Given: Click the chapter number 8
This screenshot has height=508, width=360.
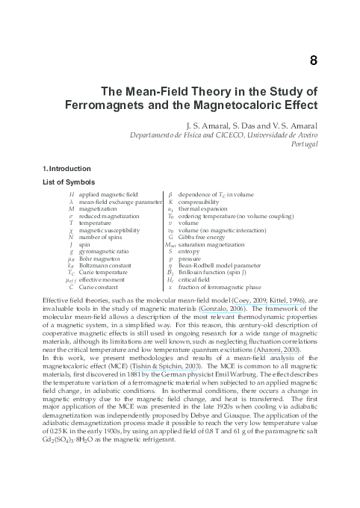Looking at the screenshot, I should point(315,60).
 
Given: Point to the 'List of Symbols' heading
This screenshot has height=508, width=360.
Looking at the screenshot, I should point(69,183).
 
